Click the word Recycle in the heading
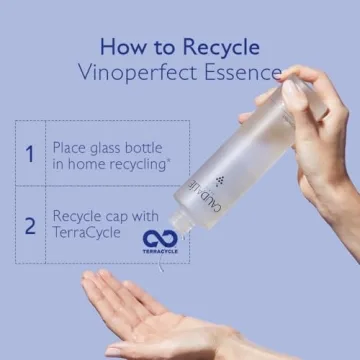[221, 47]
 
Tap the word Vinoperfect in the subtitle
[138, 73]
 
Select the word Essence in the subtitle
[243, 72]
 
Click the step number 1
[30, 154]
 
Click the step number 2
[30, 226]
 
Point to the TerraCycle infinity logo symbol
[160, 238]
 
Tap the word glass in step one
[105, 149]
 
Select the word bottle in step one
[143, 148]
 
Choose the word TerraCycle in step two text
[86, 232]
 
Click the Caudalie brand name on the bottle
[204, 196]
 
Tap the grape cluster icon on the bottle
[220, 181]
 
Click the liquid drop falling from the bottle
[161, 263]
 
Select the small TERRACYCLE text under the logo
[160, 251]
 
